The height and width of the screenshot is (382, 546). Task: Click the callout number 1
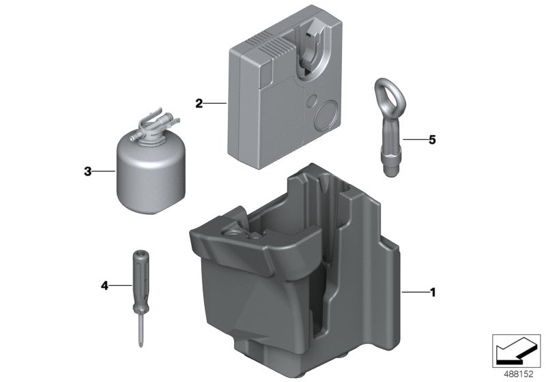tap(433, 292)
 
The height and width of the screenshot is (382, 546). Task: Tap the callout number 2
tap(199, 103)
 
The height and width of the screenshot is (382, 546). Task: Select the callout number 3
tap(88, 171)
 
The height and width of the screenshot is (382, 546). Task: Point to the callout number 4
tap(104, 286)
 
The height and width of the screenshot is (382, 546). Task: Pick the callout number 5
tap(432, 140)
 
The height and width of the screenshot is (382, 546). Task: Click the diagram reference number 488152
tap(519, 374)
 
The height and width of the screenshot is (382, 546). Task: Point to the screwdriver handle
tap(141, 278)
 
